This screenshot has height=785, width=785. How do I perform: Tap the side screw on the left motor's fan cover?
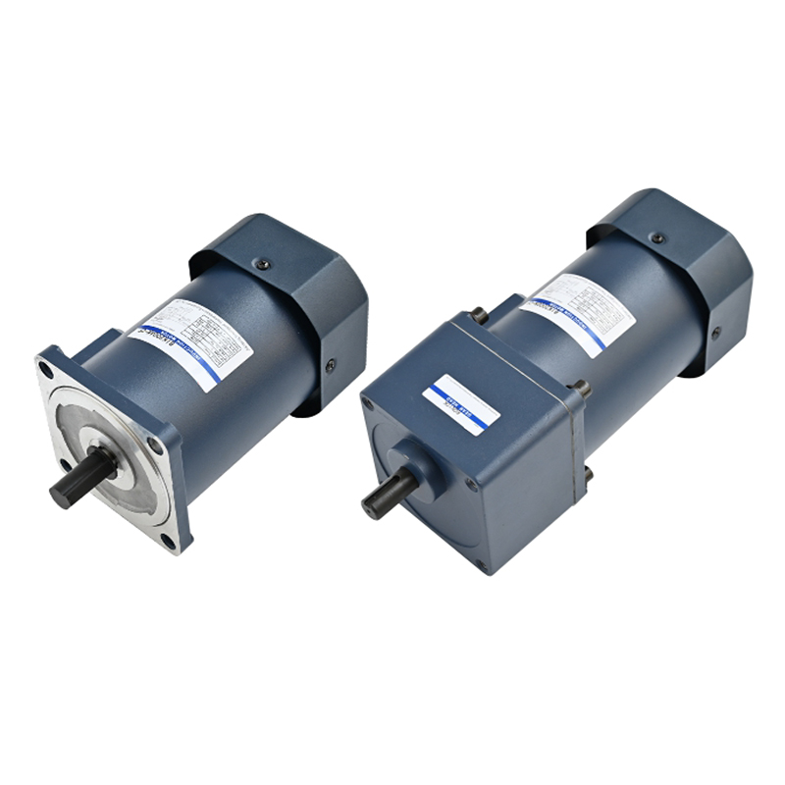click(x=331, y=364)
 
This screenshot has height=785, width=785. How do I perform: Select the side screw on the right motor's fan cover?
click(x=716, y=332)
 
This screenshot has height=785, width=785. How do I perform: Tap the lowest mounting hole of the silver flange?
click(x=168, y=541)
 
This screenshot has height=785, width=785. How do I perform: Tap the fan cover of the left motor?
click(x=294, y=294)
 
